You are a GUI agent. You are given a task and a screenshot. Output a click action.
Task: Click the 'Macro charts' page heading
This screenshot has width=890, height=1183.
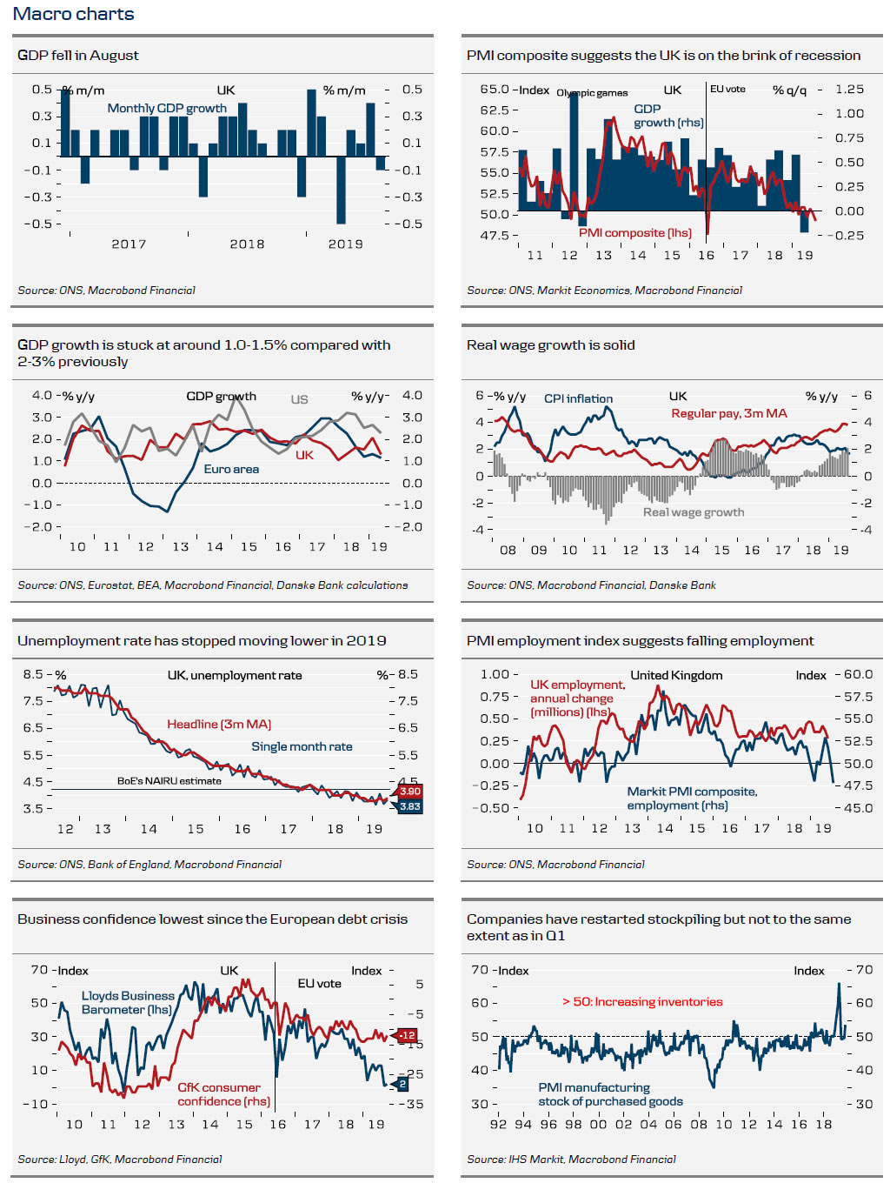pyautogui.click(x=74, y=14)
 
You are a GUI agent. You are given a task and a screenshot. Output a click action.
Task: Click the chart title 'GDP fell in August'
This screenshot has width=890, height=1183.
pyautogui.click(x=78, y=55)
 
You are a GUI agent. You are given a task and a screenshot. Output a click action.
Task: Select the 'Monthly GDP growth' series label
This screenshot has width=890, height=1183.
pyautogui.click(x=167, y=108)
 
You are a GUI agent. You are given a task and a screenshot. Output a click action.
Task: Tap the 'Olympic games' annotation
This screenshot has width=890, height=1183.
pyautogui.click(x=592, y=93)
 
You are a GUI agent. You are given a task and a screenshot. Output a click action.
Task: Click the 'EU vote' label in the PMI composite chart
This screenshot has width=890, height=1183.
pyautogui.click(x=727, y=89)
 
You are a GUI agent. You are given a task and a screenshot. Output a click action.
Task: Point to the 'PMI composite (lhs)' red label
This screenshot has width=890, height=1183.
pyautogui.click(x=635, y=232)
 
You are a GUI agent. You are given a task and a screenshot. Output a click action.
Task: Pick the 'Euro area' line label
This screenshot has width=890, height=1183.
pyautogui.click(x=231, y=469)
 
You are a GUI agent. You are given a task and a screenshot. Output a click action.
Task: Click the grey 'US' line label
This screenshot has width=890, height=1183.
pyautogui.click(x=299, y=399)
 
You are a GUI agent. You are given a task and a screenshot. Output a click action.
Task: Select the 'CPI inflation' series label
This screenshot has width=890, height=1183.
pyautogui.click(x=578, y=398)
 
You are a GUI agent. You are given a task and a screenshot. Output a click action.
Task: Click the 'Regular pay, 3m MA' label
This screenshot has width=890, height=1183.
pyautogui.click(x=728, y=413)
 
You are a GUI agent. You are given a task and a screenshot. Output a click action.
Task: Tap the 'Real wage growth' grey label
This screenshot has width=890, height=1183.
pyautogui.click(x=693, y=511)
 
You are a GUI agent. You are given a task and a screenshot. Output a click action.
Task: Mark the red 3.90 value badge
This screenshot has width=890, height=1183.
pyautogui.click(x=409, y=791)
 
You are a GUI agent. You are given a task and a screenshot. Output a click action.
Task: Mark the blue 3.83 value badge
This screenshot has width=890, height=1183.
pyautogui.click(x=409, y=806)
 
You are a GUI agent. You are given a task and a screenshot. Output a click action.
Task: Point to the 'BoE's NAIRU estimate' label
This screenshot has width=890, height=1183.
pyautogui.click(x=169, y=781)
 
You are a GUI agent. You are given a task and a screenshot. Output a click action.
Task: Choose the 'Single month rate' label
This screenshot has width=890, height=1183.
pyautogui.click(x=302, y=746)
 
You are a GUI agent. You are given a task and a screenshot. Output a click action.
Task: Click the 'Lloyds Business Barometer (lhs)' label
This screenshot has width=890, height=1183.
pyautogui.click(x=128, y=1002)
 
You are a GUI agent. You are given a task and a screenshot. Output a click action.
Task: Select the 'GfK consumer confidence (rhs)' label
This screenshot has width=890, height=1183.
pyautogui.click(x=223, y=1094)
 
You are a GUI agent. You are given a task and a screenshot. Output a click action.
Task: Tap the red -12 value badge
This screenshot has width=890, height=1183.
pyautogui.click(x=407, y=1035)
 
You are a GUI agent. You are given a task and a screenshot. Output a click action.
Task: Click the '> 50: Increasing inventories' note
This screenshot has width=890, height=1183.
pyautogui.click(x=642, y=1001)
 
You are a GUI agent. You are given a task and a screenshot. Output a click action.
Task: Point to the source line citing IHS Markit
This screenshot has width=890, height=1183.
pyautogui.click(x=571, y=1159)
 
